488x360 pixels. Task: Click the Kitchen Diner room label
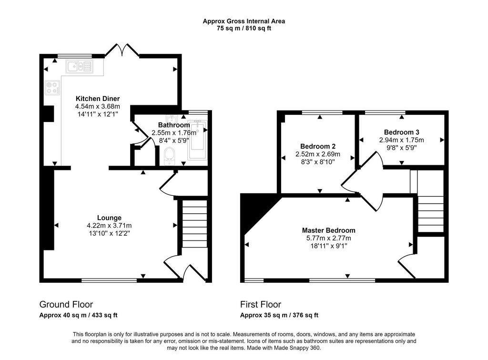point(98,99)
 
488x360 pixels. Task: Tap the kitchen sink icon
point(80,66)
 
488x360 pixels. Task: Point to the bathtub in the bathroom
point(197,140)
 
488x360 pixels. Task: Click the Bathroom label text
point(174,125)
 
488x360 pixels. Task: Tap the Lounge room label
point(109,218)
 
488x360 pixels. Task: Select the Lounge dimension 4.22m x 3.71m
point(109,226)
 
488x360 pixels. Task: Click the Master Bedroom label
point(329,230)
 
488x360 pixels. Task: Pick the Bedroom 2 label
point(318,146)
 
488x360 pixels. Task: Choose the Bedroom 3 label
point(401,132)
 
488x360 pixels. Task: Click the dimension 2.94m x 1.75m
point(401,140)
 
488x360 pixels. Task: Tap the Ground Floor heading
point(66,304)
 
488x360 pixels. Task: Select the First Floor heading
point(261,304)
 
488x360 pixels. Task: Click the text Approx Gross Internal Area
point(244,21)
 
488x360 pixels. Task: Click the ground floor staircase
point(194,224)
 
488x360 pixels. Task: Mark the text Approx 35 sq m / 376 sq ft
point(279,315)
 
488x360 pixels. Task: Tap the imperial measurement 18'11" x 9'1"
point(329,246)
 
